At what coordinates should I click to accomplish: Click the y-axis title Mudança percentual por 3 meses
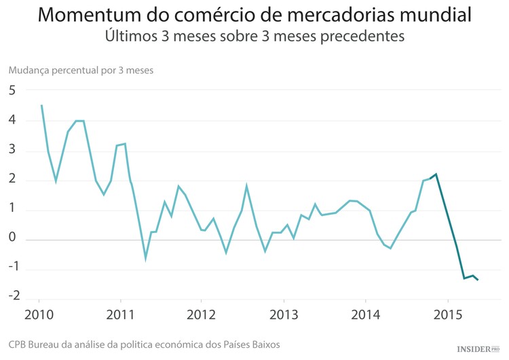point(81,70)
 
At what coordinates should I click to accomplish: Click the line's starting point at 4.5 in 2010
point(41,105)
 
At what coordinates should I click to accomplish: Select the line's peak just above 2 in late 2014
point(436,174)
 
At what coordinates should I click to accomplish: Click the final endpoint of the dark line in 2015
point(478,280)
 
